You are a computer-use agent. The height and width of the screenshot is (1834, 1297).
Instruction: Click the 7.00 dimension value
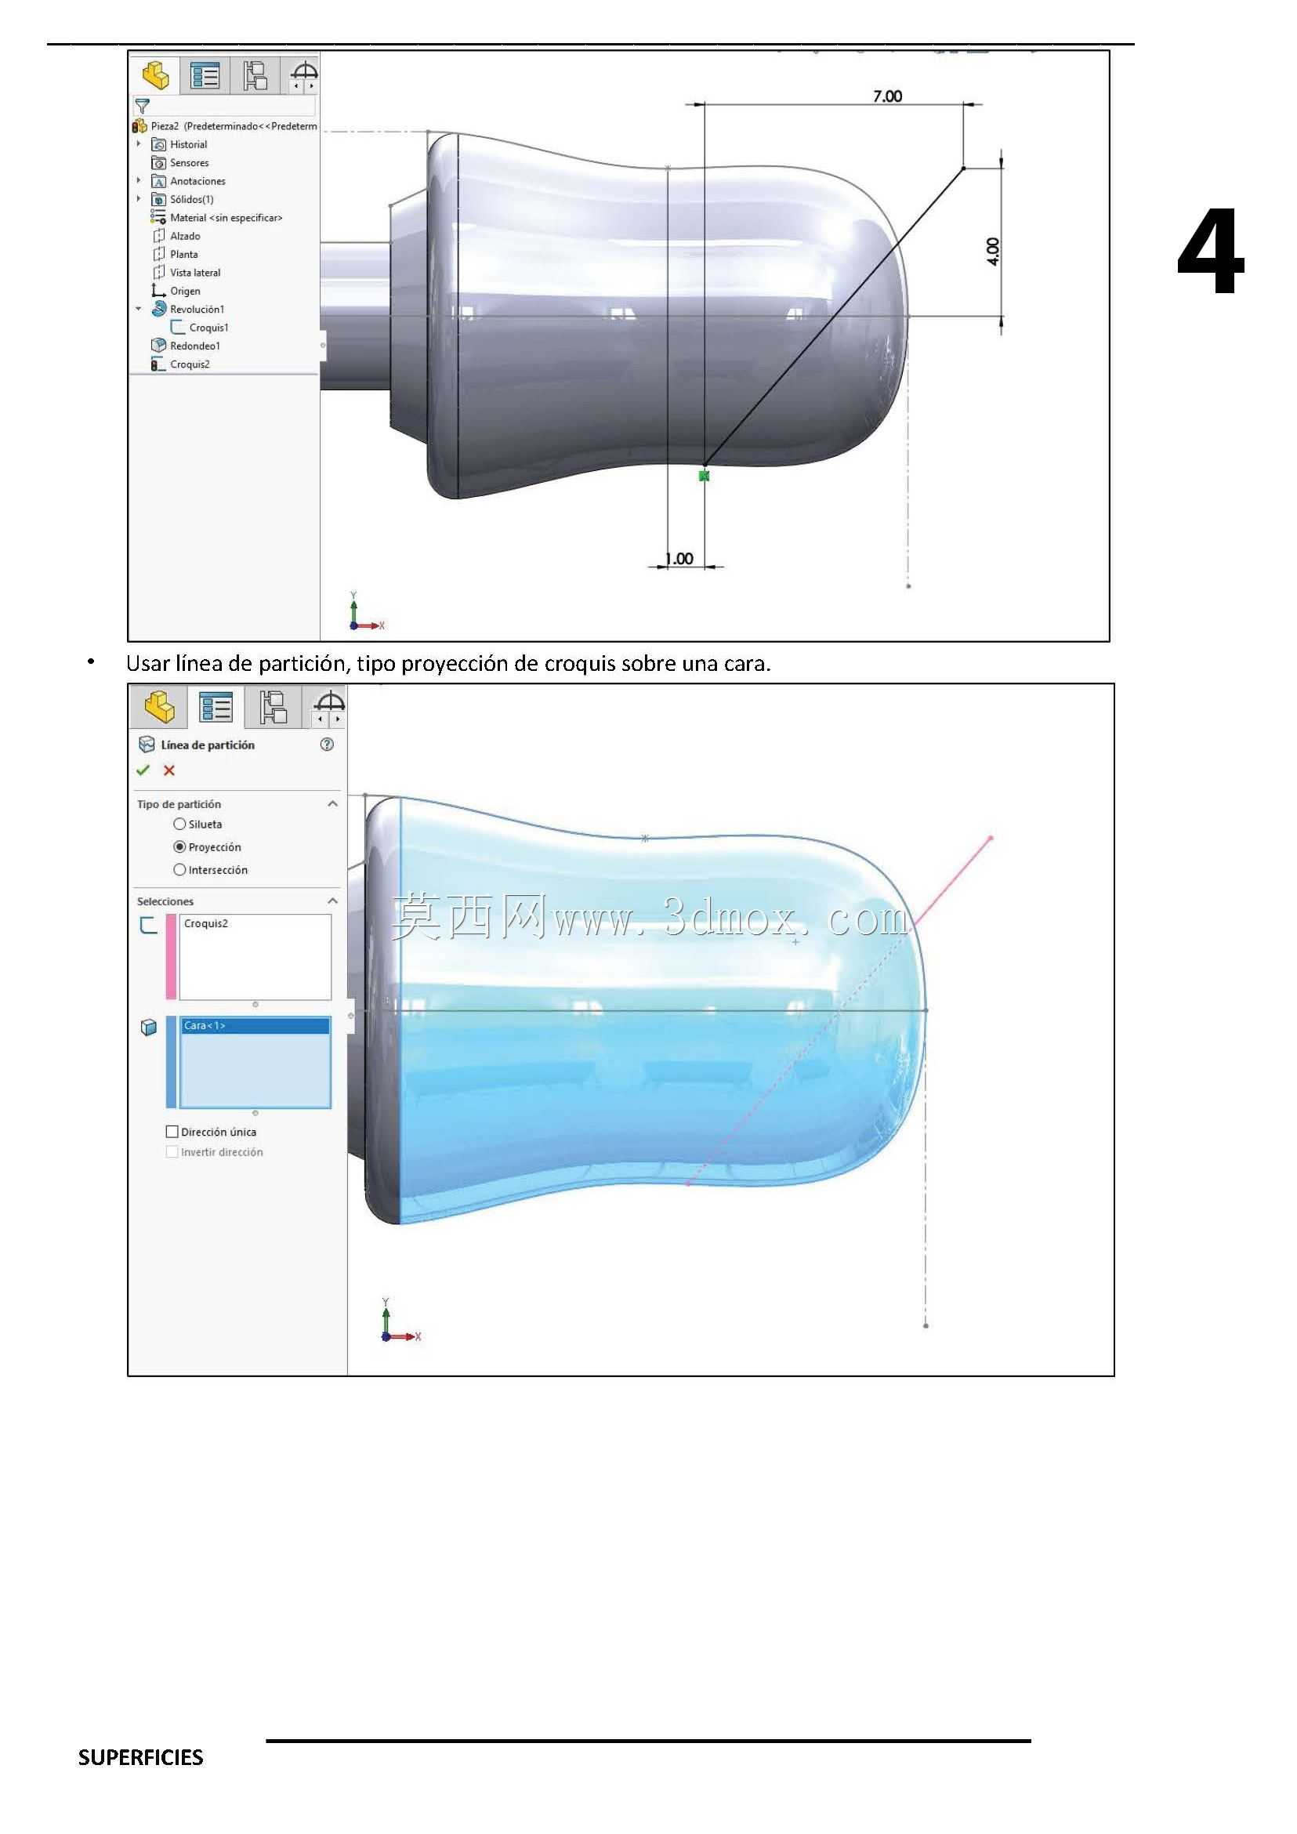(x=887, y=96)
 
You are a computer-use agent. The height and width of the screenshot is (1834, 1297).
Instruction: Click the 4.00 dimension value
(x=993, y=251)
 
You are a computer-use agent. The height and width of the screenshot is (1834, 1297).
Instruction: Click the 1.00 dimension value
(x=679, y=558)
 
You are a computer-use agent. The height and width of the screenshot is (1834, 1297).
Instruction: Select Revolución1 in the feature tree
(x=197, y=309)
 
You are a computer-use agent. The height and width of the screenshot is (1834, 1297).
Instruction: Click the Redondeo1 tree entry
(x=195, y=346)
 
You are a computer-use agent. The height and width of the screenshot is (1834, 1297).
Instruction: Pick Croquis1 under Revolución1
(x=209, y=328)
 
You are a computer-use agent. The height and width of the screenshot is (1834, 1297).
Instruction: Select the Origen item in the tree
(x=185, y=291)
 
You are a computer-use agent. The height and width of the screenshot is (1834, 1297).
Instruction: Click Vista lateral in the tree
(x=195, y=273)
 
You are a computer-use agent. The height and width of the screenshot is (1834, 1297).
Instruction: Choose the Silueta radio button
(x=179, y=825)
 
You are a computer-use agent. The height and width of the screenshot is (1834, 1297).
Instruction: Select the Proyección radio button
(x=179, y=846)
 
